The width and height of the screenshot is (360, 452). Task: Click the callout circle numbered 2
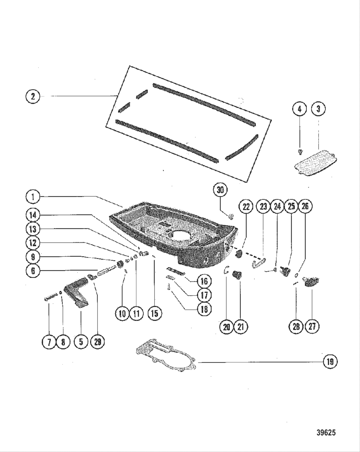click(33, 96)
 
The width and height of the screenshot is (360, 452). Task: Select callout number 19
click(330, 362)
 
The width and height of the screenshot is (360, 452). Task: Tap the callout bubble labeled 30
click(220, 190)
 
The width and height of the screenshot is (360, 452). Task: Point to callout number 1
click(33, 197)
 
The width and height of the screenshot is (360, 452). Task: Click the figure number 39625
click(326, 432)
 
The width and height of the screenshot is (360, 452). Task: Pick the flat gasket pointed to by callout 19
click(166, 357)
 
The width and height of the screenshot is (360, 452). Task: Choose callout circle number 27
click(312, 327)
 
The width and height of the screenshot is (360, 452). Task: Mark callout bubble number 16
click(204, 281)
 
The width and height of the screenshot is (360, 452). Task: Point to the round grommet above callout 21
click(237, 275)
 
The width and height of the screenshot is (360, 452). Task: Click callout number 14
click(33, 215)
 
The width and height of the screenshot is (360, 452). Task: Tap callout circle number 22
click(246, 207)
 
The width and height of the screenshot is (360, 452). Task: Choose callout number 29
click(97, 342)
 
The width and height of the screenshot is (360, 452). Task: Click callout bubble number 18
click(204, 309)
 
